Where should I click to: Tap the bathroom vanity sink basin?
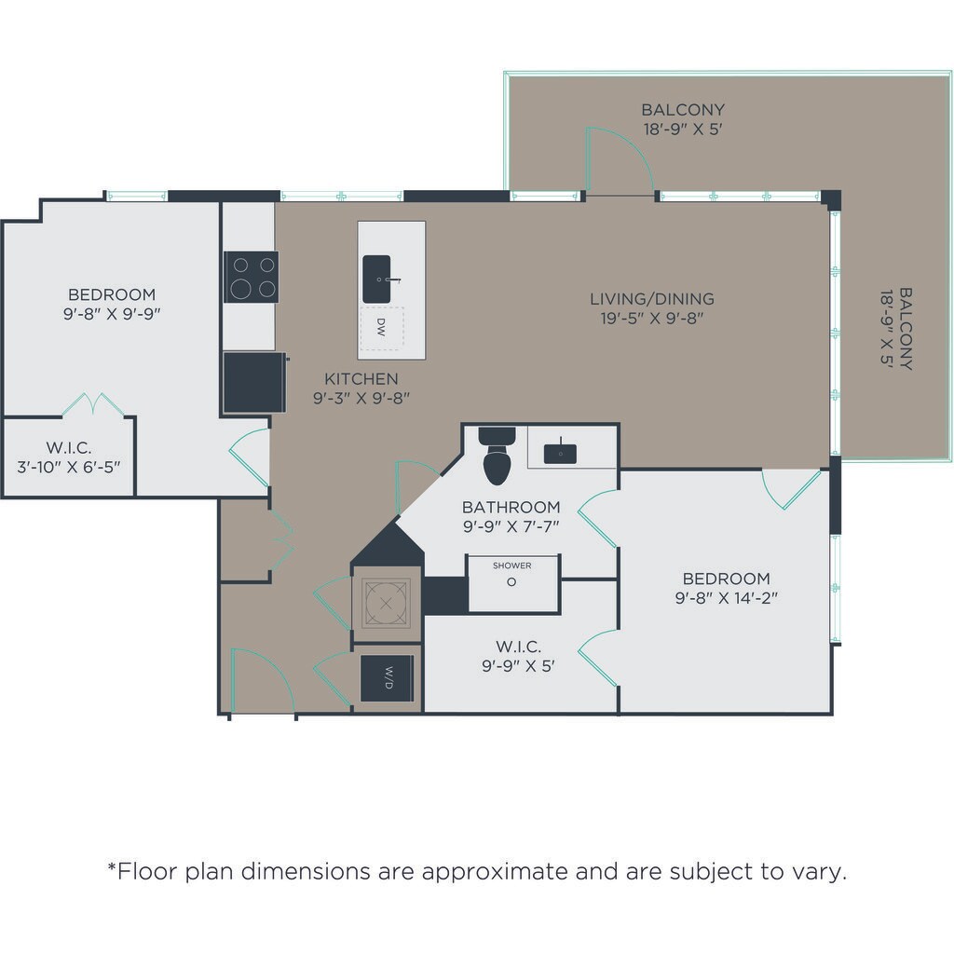tap(560, 454)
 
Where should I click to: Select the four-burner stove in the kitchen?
tap(252, 277)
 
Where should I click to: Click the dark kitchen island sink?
tap(376, 279)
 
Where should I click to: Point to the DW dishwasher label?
tap(381, 327)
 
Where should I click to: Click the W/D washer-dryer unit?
tap(387, 678)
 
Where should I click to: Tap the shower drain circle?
tap(511, 582)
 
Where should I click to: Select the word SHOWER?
tap(511, 566)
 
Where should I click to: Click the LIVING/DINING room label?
tap(652, 299)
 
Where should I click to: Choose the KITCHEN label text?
tap(361, 379)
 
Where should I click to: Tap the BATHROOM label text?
tap(511, 507)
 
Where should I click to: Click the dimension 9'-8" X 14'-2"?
tap(727, 598)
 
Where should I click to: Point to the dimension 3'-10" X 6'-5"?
tap(69, 468)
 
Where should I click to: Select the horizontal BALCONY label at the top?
tap(683, 110)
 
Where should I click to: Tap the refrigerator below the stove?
tap(254, 383)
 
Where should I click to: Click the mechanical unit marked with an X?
tap(386, 603)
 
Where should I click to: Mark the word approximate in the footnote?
tap(495, 872)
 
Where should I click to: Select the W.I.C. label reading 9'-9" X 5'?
tap(518, 656)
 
